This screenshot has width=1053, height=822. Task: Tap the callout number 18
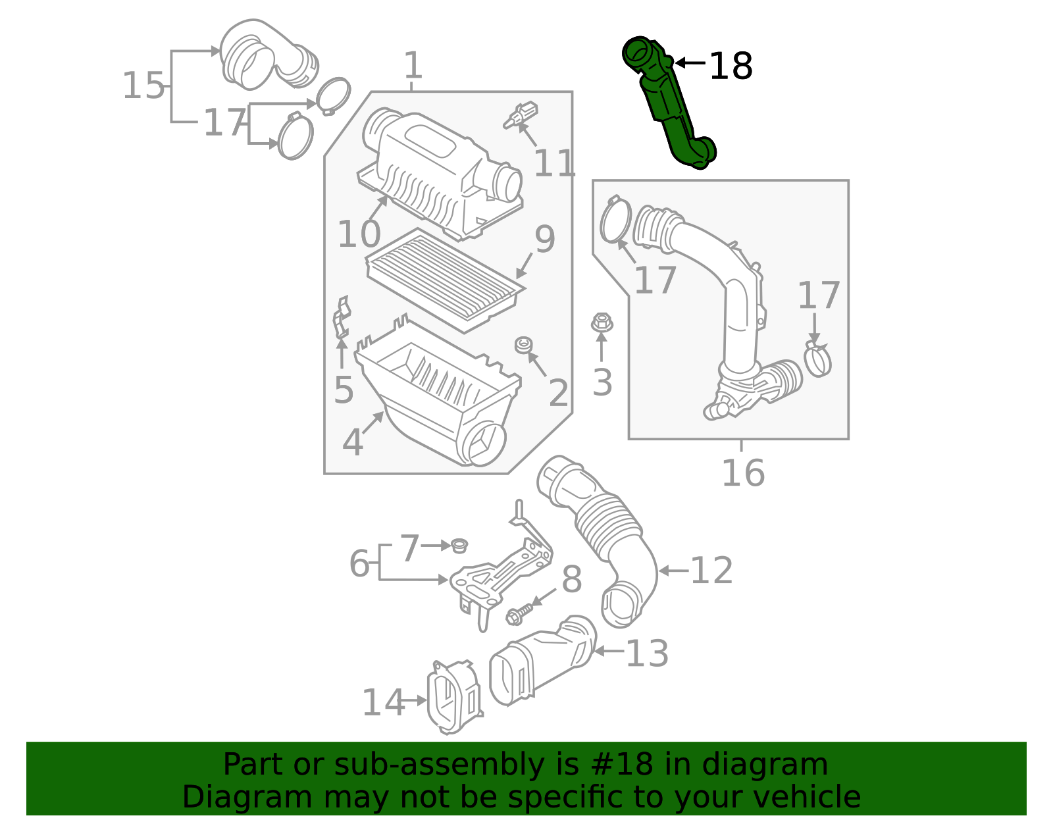(x=731, y=66)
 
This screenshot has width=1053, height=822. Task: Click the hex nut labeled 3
(x=601, y=322)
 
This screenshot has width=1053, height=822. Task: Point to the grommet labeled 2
(x=524, y=345)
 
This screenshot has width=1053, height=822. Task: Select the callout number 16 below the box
(x=743, y=473)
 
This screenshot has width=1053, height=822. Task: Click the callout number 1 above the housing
(x=413, y=66)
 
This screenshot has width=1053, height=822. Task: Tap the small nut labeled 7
(x=459, y=546)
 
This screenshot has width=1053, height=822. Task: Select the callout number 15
(x=143, y=86)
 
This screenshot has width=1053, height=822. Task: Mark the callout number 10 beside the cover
(x=359, y=234)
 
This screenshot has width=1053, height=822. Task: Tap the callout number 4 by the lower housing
(x=353, y=442)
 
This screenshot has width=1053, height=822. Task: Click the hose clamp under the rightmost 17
(x=818, y=359)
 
